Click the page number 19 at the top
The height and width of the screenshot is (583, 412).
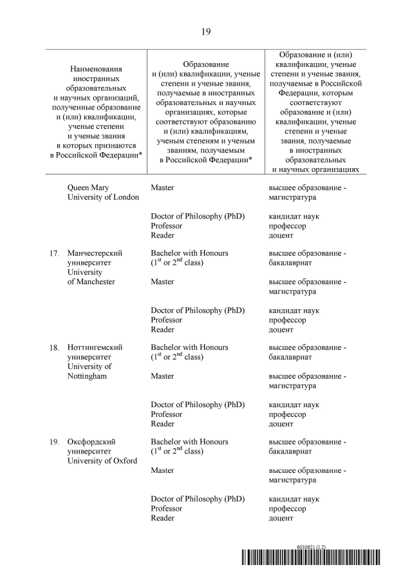pyautogui.click(x=205, y=31)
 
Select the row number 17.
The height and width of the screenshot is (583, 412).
pyautogui.click(x=55, y=253)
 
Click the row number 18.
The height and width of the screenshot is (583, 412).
pyautogui.click(x=55, y=347)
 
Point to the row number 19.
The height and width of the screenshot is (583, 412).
pyautogui.click(x=55, y=442)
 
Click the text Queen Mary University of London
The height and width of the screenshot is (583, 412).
pyautogui.click(x=103, y=192)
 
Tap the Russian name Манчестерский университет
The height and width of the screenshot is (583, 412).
pyautogui.click(x=95, y=258)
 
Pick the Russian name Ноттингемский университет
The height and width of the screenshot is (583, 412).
pyautogui.click(x=95, y=352)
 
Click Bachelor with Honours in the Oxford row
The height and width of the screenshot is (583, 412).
pyautogui.click(x=189, y=442)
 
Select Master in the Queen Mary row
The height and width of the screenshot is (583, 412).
pyautogui.click(x=162, y=187)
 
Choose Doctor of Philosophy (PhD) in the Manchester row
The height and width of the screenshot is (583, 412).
pyautogui.click(x=198, y=310)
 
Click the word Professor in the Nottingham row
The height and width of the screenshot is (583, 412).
pyautogui.click(x=167, y=414)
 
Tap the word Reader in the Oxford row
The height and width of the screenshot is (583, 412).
pyautogui.click(x=162, y=518)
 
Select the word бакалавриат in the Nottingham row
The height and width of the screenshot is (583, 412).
pyautogui.click(x=290, y=357)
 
